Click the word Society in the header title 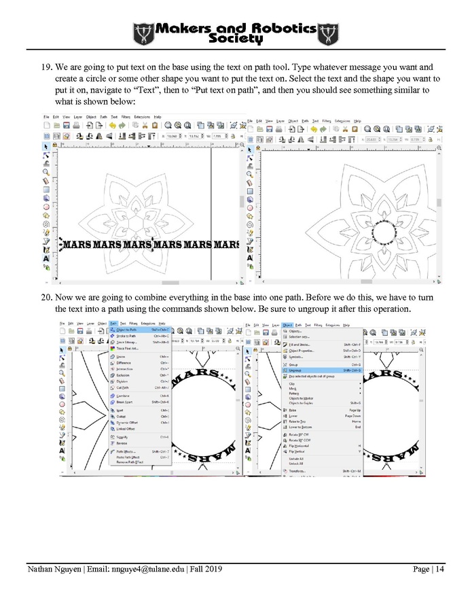[x=235, y=39]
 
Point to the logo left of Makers [x=144, y=33]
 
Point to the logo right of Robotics [x=328, y=33]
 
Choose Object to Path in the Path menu [x=126, y=330]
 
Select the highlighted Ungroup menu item [x=295, y=370]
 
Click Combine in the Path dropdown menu [x=124, y=395]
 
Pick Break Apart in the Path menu [x=126, y=402]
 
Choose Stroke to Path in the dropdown [x=126, y=336]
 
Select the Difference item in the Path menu [x=125, y=363]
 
